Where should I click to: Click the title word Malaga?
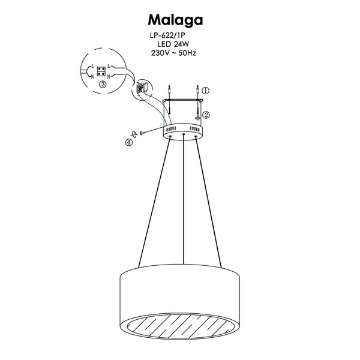pyautogui.click(x=175, y=19)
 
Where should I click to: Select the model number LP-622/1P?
pyautogui.click(x=175, y=36)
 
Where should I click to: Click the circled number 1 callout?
pyautogui.click(x=206, y=91)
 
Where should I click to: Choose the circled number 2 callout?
pyautogui.click(x=206, y=114)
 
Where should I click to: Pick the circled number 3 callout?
pyautogui.click(x=103, y=85)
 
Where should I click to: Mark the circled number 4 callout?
pyautogui.click(x=128, y=143)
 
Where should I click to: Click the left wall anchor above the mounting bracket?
pyautogui.click(x=170, y=91)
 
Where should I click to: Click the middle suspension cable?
pyautogui.click(x=182, y=204)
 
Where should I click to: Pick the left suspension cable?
pyautogui.click(x=154, y=204)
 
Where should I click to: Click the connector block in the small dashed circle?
pyautogui.click(x=143, y=89)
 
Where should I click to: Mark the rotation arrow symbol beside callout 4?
pyautogui.click(x=136, y=136)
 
